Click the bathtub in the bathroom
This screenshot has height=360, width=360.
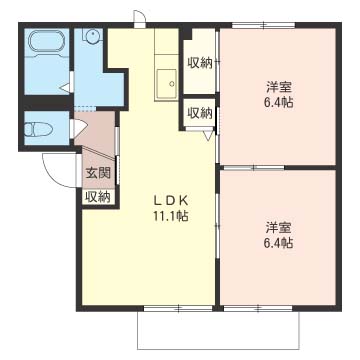(45, 46)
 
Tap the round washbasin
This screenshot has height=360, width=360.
(91, 37)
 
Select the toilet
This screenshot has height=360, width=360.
(42, 128)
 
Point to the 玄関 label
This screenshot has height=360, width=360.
(97, 173)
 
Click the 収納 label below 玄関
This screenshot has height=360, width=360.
(97, 196)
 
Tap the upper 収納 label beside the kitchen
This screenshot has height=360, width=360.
(199, 63)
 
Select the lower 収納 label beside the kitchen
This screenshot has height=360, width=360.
(199, 113)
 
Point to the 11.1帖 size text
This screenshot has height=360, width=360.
(170, 217)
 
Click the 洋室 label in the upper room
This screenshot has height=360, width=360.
(279, 85)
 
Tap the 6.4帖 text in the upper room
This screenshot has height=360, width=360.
(279, 102)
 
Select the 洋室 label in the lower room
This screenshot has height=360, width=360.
(279, 225)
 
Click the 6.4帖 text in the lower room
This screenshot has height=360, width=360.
(279, 242)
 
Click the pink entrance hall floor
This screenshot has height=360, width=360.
(101, 145)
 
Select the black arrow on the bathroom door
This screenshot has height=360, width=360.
(63, 89)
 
